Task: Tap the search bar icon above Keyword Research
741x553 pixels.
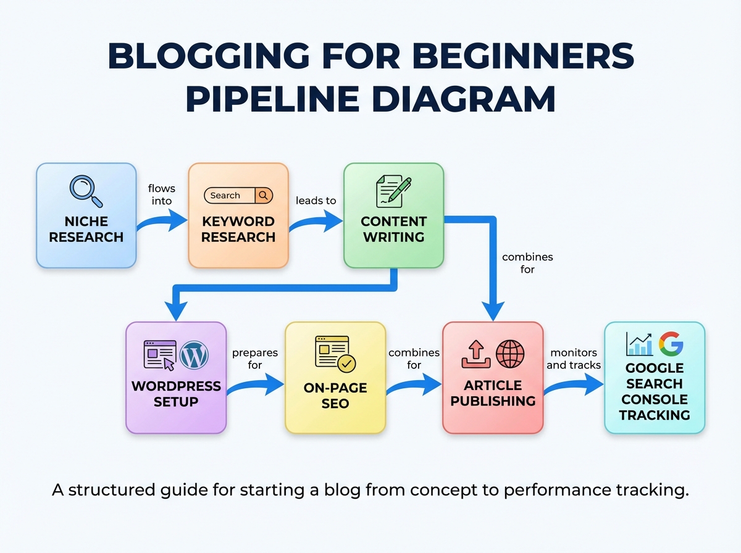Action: [x=238, y=196]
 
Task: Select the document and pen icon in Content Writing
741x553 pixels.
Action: [x=393, y=191]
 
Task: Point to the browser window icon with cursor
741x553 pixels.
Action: [x=159, y=355]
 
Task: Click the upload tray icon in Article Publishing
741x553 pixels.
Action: [x=475, y=355]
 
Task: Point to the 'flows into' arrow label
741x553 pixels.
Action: [x=161, y=194]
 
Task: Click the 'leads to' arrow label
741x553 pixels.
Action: [x=316, y=201]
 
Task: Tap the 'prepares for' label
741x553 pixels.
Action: [x=254, y=359]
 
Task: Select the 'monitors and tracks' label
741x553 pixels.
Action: [x=574, y=359]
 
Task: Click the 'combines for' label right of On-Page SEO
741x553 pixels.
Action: [x=414, y=359]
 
